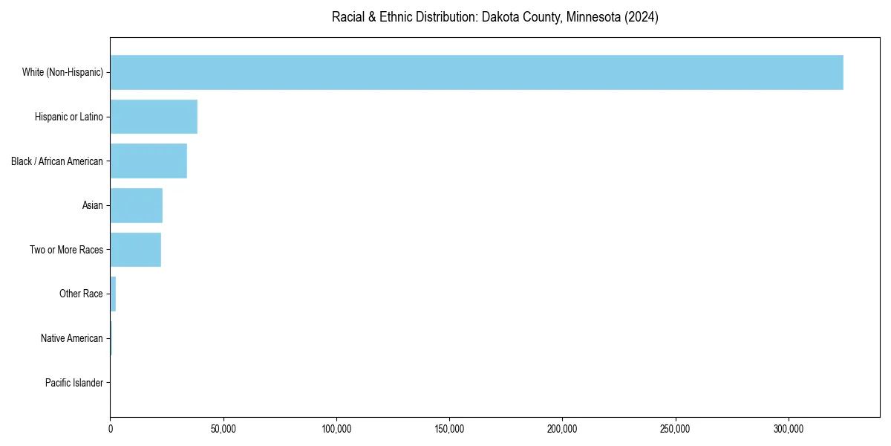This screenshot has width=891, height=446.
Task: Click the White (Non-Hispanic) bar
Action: tap(476, 72)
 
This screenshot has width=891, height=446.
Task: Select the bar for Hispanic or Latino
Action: tap(154, 117)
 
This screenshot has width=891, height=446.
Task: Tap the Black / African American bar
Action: tap(148, 161)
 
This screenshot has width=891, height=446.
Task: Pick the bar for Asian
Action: tap(137, 205)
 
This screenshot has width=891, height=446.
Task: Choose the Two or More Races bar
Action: tap(136, 250)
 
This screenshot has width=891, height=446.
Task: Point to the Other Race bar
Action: tap(113, 294)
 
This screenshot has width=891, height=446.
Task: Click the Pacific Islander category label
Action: tap(74, 383)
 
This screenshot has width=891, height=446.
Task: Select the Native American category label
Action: tap(72, 338)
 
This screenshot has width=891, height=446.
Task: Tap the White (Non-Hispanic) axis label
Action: tap(62, 72)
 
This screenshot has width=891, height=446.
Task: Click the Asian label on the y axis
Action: tap(93, 205)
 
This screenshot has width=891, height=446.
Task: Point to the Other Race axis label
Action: tap(81, 294)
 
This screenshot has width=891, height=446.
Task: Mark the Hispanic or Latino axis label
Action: tap(69, 117)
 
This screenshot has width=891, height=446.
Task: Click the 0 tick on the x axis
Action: tap(111, 429)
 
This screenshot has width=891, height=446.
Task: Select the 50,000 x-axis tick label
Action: tap(223, 429)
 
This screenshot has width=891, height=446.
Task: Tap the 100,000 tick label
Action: tap(336, 429)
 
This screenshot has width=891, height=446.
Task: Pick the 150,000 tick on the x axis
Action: tap(449, 429)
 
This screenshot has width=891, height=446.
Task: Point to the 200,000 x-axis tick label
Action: tap(562, 429)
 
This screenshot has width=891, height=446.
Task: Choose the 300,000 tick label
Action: tap(789, 429)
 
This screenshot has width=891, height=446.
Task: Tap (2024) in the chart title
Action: tap(642, 17)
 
